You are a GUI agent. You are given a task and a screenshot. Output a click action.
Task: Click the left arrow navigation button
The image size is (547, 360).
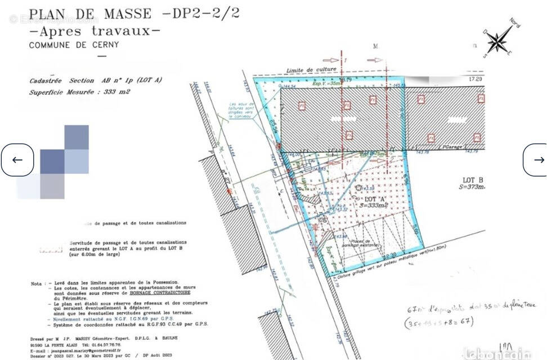pyautogui.click(x=17, y=160)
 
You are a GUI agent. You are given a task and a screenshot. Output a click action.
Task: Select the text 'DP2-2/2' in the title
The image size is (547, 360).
pyautogui.click(x=206, y=13)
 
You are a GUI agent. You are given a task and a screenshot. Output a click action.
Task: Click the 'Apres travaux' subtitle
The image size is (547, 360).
pyautogui.click(x=95, y=30)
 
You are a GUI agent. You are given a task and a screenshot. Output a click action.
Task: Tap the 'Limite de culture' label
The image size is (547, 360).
pyautogui.click(x=311, y=70)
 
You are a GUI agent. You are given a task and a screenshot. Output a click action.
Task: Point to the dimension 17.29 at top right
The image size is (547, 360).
pyautogui.click(x=475, y=80)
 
